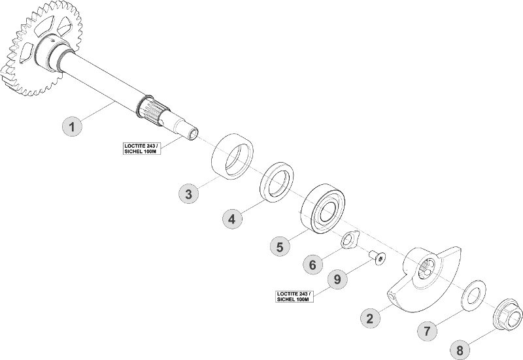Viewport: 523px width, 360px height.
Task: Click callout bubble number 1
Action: [x=73, y=125]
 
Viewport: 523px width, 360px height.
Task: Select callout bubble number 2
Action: [x=370, y=318]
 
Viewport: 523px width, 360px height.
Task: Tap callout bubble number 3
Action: [x=188, y=193]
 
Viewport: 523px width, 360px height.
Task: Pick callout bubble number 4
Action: [x=231, y=220]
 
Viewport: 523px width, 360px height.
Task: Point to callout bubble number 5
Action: [x=279, y=246]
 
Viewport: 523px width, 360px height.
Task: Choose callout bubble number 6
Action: [x=312, y=265]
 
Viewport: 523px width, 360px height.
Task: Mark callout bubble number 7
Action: [x=428, y=331]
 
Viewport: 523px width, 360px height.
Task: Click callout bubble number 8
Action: [x=460, y=350]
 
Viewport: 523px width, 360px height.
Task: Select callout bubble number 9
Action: [x=337, y=280]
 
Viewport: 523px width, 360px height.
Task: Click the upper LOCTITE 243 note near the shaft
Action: [x=141, y=148]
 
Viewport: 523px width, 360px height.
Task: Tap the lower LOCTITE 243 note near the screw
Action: [x=295, y=296]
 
